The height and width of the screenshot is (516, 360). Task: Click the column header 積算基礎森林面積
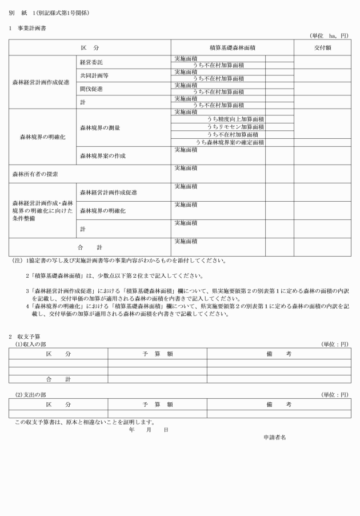[232, 47]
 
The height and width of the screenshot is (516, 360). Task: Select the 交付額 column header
[322, 47]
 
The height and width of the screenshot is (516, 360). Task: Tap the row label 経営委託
[91, 62]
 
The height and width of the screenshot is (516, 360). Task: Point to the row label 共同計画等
[94, 75]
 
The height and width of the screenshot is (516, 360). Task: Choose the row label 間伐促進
[91, 89]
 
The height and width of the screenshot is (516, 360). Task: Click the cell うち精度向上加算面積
[235, 119]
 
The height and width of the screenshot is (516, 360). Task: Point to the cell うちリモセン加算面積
[235, 127]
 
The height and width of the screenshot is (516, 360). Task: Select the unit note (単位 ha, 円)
[329, 35]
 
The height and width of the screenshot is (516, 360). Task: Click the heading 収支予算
[24, 336]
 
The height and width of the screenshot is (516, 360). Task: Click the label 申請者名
[274, 437]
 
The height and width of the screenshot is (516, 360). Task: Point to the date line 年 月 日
[149, 429]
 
